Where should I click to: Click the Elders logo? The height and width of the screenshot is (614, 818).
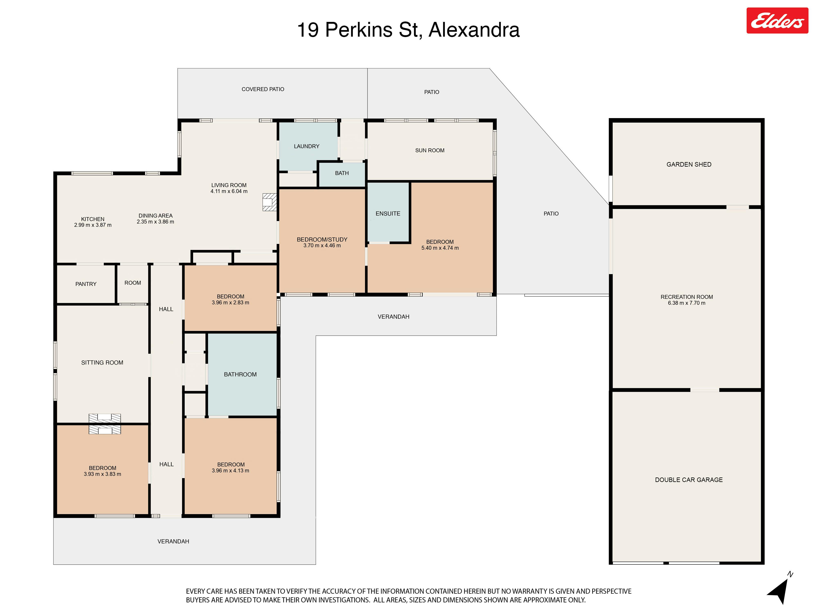777,21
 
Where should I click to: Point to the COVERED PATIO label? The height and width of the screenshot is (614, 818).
263,89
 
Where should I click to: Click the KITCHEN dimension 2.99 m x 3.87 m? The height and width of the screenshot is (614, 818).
93,225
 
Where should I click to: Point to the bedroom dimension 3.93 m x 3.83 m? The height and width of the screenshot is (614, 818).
102,474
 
